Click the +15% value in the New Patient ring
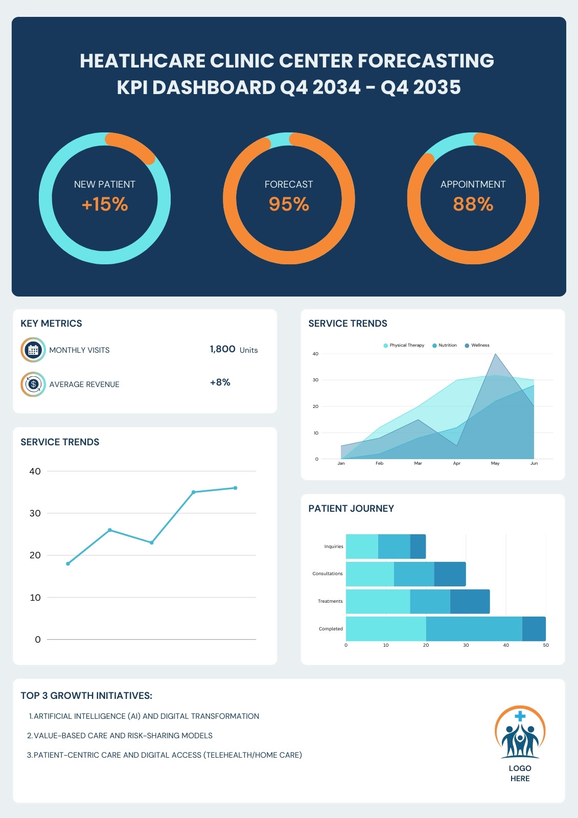pyautogui.click(x=105, y=204)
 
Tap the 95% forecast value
pyautogui.click(x=289, y=204)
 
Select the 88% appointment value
pyautogui.click(x=473, y=204)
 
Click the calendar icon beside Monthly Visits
pyautogui.click(x=33, y=350)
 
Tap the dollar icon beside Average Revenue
pyautogui.click(x=33, y=384)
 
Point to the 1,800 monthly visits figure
pyautogui.click(x=222, y=349)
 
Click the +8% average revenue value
pyautogui.click(x=220, y=382)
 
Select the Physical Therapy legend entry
pyautogui.click(x=404, y=346)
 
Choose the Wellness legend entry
pyautogui.click(x=477, y=346)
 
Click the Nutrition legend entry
pyautogui.click(x=445, y=346)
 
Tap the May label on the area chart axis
pyautogui.click(x=495, y=463)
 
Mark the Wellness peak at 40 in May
pyautogui.click(x=495, y=354)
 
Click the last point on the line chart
pyautogui.click(x=235, y=488)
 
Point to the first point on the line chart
pyautogui.click(x=68, y=564)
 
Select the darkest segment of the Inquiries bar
pyautogui.click(x=418, y=547)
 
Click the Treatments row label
pyautogui.click(x=330, y=601)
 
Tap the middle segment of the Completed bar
pyautogui.click(x=474, y=629)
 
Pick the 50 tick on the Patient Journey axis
pyautogui.click(x=546, y=645)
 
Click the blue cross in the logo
pyautogui.click(x=520, y=716)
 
